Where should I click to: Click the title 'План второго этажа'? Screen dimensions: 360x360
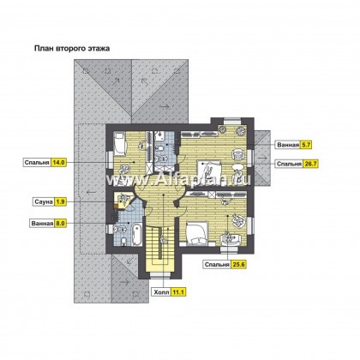pos(72,48)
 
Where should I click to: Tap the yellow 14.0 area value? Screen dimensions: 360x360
pos(58,163)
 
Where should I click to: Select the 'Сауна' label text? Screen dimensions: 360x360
pos(44,201)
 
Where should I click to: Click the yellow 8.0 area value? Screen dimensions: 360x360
pos(60,223)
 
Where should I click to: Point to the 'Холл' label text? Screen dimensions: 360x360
pos(161,292)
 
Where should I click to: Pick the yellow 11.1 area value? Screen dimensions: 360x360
pos(178,292)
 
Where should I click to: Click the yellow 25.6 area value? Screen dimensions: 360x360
pos(238,265)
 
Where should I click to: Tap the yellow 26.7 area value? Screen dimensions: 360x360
pos(310,164)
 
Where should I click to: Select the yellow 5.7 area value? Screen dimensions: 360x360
pos(306,145)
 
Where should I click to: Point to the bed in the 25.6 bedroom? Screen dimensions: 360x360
pos(196,233)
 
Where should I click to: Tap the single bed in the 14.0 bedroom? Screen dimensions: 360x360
pos(120,145)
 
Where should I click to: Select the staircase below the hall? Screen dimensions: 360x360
pos(159,249)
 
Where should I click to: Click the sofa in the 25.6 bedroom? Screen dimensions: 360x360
pos(231,239)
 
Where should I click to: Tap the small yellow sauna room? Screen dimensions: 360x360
pos(123,201)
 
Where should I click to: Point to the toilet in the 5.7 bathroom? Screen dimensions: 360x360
pos(161,147)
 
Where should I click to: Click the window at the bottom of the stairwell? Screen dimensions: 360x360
pos(160,274)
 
